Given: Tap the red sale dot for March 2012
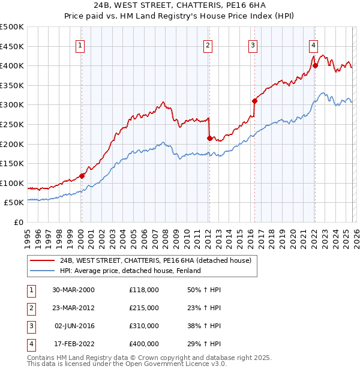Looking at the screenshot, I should [x=209, y=138].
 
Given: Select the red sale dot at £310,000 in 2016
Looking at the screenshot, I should [x=254, y=101].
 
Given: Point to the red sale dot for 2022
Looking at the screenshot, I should [x=315, y=65].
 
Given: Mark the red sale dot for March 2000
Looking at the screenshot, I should [x=82, y=176].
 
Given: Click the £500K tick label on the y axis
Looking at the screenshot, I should [x=12, y=27].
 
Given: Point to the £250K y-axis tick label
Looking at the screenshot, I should [x=12, y=124].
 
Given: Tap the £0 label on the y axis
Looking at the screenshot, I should [x=19, y=222].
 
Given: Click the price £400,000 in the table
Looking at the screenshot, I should [x=143, y=344].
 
